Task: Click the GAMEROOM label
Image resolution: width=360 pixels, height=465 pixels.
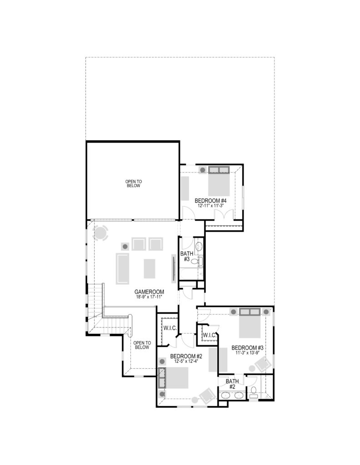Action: [149, 292]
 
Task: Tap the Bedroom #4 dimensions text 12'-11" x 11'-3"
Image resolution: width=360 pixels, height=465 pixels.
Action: [210, 205]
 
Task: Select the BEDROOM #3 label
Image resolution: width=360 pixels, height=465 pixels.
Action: [248, 347]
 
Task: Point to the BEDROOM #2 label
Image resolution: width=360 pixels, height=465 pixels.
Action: [186, 356]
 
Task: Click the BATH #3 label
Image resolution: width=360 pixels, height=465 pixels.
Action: [186, 256]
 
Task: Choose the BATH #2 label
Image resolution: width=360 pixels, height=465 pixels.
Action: [232, 384]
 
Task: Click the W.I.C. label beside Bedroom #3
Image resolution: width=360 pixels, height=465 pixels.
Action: [209, 335]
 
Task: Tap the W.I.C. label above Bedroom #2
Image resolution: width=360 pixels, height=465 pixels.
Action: [170, 328]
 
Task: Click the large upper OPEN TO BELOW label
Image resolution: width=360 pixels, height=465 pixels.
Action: [134, 183]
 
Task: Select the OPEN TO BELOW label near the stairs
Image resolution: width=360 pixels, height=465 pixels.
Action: [142, 345]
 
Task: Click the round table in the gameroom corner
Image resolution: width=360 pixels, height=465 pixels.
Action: [100, 233]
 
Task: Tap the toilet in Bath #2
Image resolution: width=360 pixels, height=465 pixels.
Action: [254, 391]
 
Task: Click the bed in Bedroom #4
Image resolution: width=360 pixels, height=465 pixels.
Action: [219, 182]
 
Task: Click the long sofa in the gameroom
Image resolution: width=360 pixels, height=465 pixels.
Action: [123, 269]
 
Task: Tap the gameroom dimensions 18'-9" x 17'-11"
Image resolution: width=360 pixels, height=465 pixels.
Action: [149, 297]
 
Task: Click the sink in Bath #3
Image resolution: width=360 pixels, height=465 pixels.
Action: [199, 246]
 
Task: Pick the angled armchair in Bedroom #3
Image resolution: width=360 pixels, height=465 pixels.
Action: [263, 365]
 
